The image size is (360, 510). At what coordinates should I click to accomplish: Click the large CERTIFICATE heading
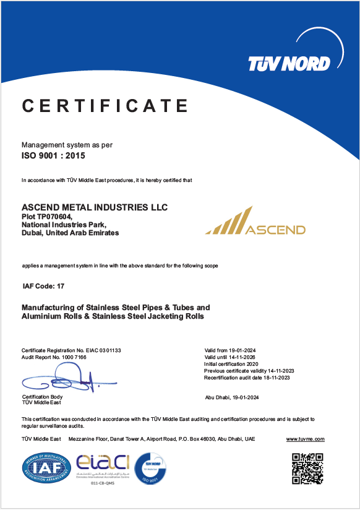(x=105, y=106)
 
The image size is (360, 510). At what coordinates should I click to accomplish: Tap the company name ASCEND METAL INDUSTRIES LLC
(x=95, y=207)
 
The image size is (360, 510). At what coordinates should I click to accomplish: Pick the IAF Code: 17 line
(x=43, y=286)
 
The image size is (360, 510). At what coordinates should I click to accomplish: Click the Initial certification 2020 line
(x=231, y=365)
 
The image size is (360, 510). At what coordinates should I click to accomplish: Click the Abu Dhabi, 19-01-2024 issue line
(x=232, y=397)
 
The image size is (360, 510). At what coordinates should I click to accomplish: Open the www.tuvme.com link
(x=305, y=439)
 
